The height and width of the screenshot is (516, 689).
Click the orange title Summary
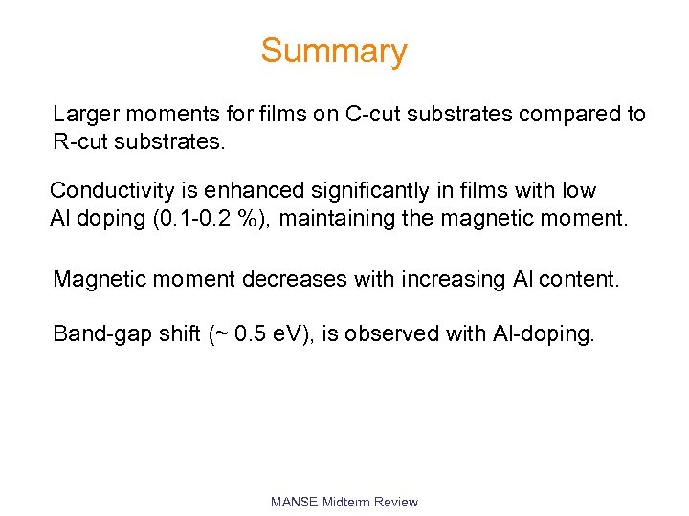(334, 51)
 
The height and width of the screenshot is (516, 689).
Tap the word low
(576, 191)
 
